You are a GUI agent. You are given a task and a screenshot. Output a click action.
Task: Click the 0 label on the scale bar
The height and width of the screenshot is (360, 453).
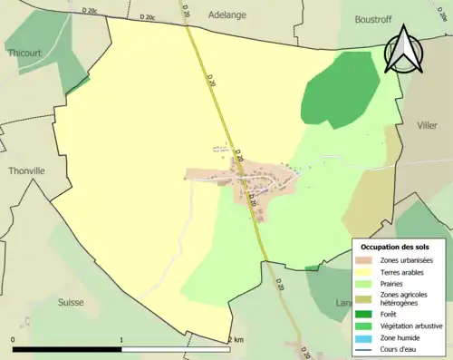tap(14, 339)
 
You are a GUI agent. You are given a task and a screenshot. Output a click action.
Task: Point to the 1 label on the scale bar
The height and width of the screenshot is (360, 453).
tap(121, 339)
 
